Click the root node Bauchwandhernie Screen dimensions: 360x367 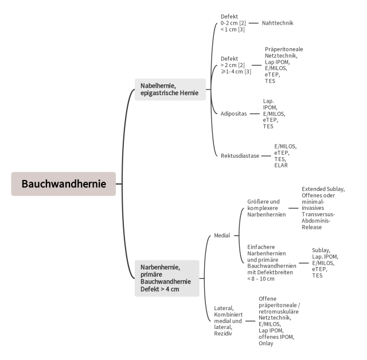[64, 184]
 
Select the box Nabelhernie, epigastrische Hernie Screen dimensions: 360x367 [170, 89]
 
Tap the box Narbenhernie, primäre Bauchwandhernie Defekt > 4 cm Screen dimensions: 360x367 [166, 278]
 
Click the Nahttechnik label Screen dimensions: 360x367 [277, 23]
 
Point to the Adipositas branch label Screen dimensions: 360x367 [233, 114]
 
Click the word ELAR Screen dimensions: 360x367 [281, 166]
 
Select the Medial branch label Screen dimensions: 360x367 [222, 236]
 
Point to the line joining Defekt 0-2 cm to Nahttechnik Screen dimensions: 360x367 [253, 23]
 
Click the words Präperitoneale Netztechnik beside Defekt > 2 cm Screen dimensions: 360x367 [285, 53]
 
